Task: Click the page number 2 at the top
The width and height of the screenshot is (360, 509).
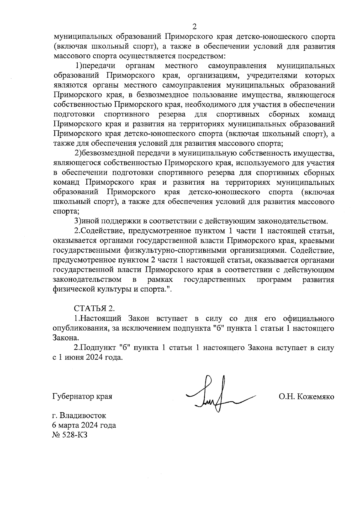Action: pyautogui.click(x=194, y=27)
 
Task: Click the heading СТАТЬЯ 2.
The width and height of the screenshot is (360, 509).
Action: pyautogui.click(x=94, y=308)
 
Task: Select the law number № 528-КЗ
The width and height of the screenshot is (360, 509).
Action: pyautogui.click(x=70, y=435)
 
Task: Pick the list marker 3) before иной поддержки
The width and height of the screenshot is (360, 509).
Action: pyautogui.click(x=78, y=221)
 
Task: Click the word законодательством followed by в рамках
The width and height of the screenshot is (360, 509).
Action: pyautogui.click(x=87, y=280)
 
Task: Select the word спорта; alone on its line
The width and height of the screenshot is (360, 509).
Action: pyautogui.click(x=66, y=212)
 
